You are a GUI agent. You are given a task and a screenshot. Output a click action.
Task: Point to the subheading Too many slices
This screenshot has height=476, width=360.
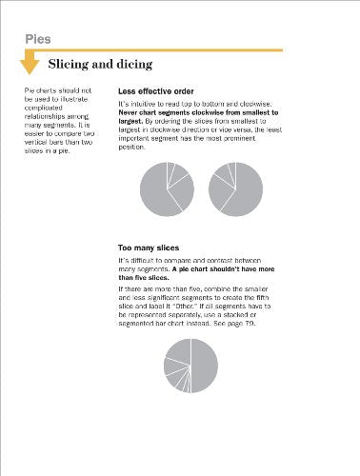point(150,248)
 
